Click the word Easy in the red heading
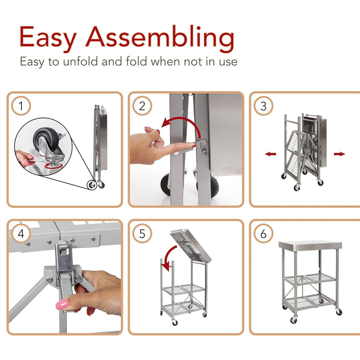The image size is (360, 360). pos(48,37)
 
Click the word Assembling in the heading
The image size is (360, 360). pos(160,37)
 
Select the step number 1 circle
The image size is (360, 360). pos(21,107)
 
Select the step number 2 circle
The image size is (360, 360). pos(142,107)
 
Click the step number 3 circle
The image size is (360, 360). pos(263,107)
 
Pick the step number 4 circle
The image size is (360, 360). pos(21,234)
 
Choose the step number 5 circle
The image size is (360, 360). pos(142,234)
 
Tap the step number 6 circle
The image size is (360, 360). pos(263,234)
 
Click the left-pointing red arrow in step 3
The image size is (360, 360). pos(270,154)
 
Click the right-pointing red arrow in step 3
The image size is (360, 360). pos(339,154)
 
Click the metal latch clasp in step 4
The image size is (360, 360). pos(64,258)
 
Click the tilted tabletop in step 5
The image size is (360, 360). pos(191,245)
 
